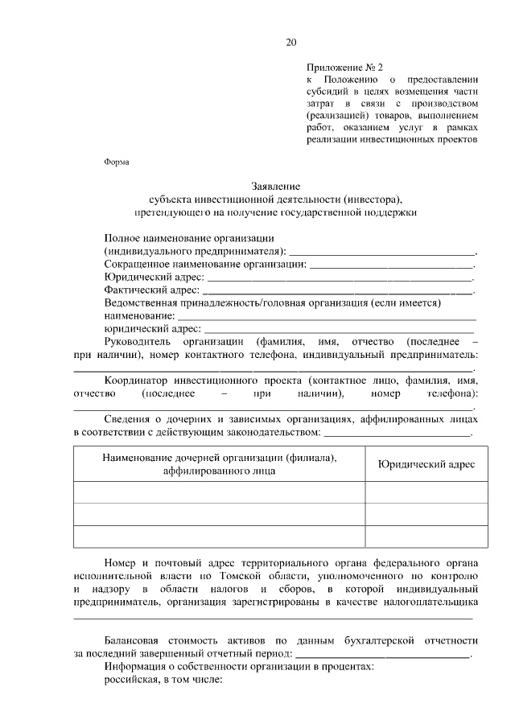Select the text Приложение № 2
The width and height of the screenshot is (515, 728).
(339, 67)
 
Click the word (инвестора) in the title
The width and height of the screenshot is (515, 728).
(371, 199)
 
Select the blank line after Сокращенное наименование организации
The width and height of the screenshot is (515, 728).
(391, 265)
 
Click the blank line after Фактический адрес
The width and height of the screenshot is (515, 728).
(339, 290)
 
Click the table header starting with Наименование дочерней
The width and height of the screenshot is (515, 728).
(219, 464)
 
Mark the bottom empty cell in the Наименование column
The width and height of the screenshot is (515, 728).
(219, 536)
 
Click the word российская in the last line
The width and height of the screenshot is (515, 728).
(132, 679)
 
